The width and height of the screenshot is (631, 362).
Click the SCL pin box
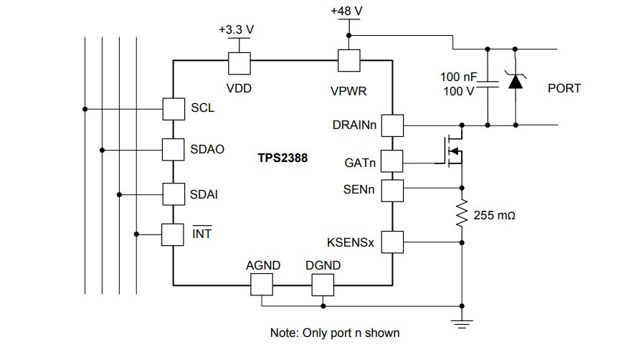tap(174, 109)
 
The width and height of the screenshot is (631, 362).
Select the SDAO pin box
tap(174, 150)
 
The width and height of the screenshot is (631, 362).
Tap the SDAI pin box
tap(174, 194)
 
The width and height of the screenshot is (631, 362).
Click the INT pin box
tap(174, 234)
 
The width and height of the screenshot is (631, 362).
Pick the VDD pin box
tap(239, 62)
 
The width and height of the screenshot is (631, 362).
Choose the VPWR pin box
tap(348, 61)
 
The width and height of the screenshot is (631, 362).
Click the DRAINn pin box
tap(392, 125)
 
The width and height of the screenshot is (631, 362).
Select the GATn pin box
tap(392, 162)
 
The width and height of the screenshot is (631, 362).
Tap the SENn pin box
tap(392, 190)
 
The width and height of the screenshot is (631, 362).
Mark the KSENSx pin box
tap(392, 242)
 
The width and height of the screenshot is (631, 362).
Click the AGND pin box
tap(262, 285)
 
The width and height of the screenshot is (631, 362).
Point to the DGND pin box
tap(323, 285)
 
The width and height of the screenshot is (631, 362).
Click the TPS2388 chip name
tap(283, 158)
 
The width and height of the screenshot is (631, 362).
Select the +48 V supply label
tap(348, 11)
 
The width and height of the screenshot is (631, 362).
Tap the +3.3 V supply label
tap(236, 30)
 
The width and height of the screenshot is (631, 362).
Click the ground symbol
tap(462, 323)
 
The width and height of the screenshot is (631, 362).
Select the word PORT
tap(564, 88)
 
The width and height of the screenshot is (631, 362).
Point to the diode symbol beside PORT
tap(514, 80)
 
